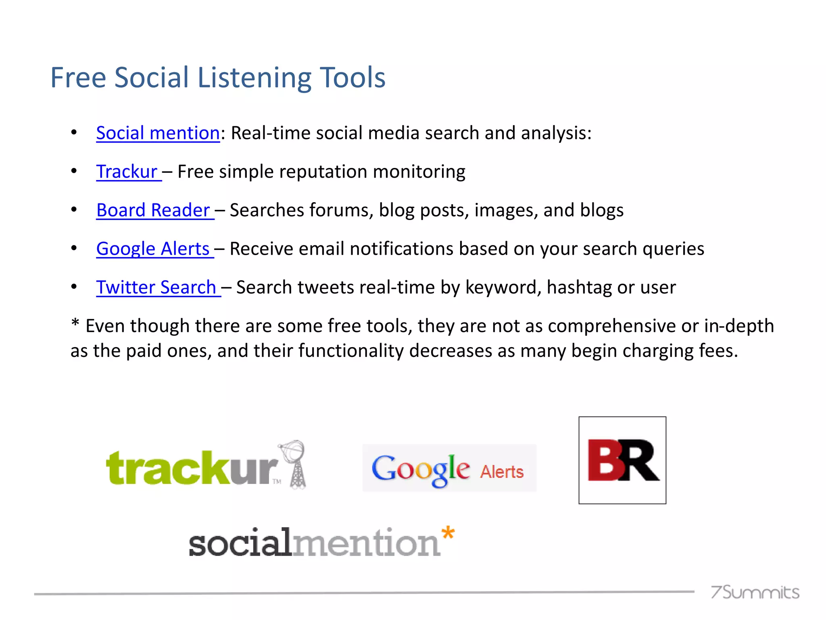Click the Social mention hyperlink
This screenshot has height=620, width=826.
pyautogui.click(x=158, y=133)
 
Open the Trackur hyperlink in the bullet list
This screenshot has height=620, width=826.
pyautogui.click(x=127, y=172)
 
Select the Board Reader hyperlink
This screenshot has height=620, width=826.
pyautogui.click(x=153, y=210)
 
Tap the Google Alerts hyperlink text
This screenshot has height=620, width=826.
pyautogui.click(x=153, y=249)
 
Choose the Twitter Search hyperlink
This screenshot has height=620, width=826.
pyautogui.click(x=156, y=287)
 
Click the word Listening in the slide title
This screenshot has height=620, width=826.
pyautogui.click(x=254, y=78)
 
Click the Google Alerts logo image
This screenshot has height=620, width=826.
pyautogui.click(x=449, y=468)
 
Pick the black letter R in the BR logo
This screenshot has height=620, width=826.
pyautogui.click(x=641, y=460)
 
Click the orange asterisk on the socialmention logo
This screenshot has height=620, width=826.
pyautogui.click(x=448, y=534)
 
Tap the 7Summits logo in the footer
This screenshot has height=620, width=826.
pyautogui.click(x=755, y=592)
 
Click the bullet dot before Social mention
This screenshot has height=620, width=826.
pyautogui.click(x=74, y=133)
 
